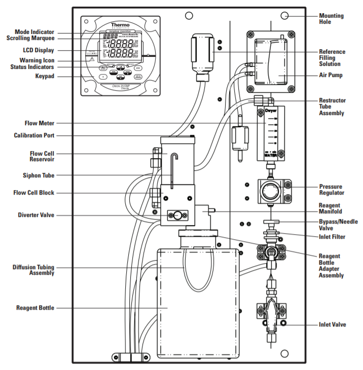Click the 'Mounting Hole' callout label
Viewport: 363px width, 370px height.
click(x=331, y=19)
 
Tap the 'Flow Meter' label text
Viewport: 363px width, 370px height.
click(x=41, y=123)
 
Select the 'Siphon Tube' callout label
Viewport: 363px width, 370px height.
click(x=39, y=175)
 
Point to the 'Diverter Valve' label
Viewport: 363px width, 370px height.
click(x=36, y=215)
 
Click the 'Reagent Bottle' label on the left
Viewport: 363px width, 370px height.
click(x=35, y=308)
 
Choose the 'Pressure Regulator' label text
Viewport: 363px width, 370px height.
click(x=332, y=190)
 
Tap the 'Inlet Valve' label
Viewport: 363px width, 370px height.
click(x=332, y=324)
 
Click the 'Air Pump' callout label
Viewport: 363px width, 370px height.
click(x=330, y=75)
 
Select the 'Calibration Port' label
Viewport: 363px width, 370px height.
click(x=34, y=135)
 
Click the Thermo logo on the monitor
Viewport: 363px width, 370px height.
click(x=120, y=25)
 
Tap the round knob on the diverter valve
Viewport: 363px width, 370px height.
click(x=177, y=215)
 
